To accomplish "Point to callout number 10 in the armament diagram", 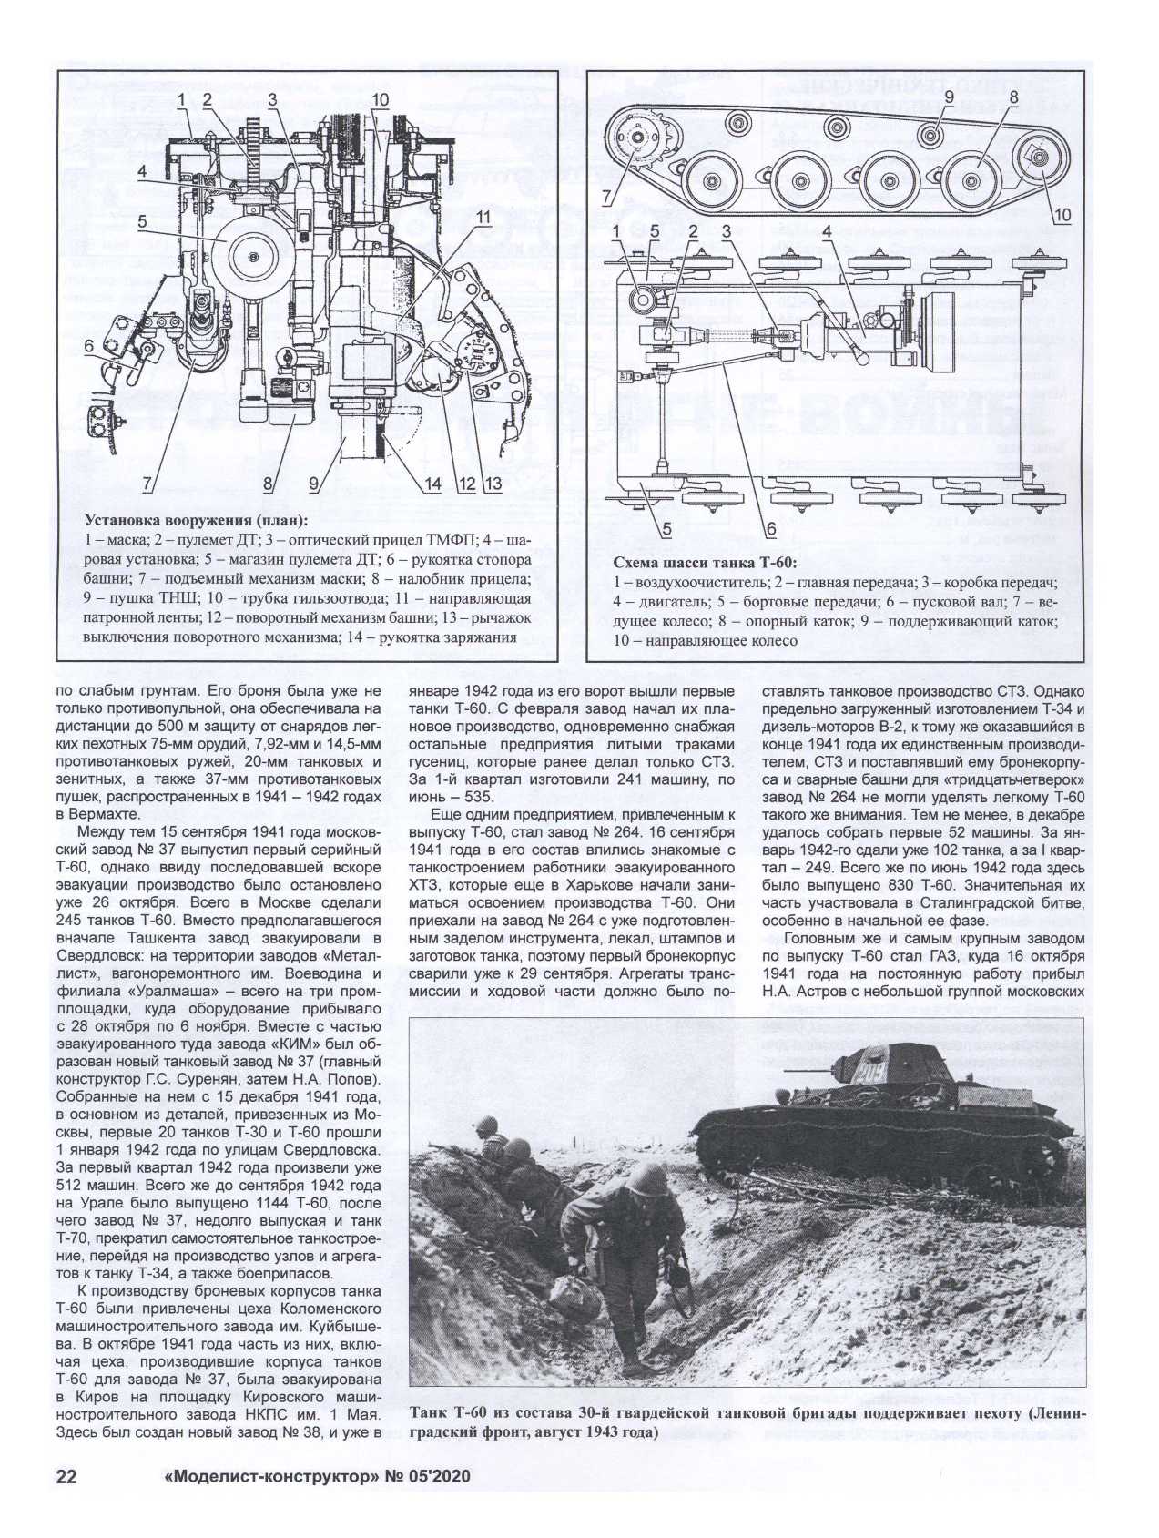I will coord(381,99).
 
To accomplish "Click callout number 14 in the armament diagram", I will coord(432,484).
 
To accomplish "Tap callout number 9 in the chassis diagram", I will coord(949,97).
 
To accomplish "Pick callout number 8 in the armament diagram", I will coord(269,484).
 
